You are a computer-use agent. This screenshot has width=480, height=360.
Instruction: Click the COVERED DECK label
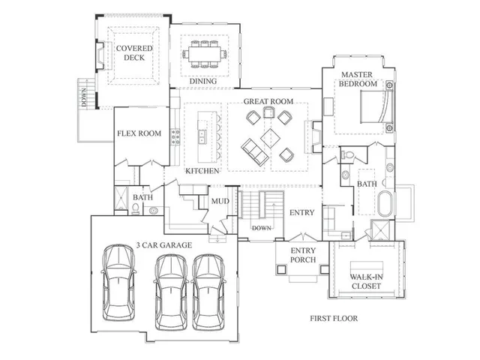pos(133,54)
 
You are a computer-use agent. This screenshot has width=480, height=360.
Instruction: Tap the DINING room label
pos(202,81)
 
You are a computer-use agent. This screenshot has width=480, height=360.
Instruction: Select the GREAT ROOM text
pos(267,102)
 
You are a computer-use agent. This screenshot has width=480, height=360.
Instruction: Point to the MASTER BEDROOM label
pos(358,79)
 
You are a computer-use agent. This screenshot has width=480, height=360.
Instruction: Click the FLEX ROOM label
pos(139,134)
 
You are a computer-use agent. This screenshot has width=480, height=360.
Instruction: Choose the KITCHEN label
pos(202,171)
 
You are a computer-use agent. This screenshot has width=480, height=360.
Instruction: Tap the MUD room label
pos(220,201)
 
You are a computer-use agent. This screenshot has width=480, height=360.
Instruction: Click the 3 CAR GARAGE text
pos(165,245)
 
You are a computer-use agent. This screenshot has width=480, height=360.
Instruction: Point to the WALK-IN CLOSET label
pos(367,282)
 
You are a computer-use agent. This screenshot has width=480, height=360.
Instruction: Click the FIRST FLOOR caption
pos(334,319)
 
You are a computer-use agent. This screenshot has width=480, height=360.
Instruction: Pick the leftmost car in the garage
pos(118,280)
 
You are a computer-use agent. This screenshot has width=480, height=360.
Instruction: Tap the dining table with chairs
pos(205,55)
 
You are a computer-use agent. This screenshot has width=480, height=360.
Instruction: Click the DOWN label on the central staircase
pos(262,227)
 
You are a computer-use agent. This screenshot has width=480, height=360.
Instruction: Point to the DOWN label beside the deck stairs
pos(85,95)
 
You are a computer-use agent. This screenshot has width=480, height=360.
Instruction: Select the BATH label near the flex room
pos(142,198)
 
